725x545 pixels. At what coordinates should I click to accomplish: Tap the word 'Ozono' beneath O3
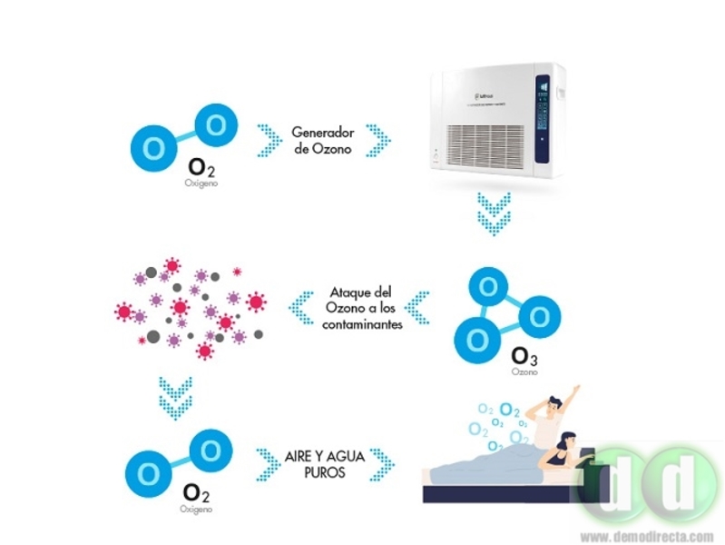[x=524, y=372]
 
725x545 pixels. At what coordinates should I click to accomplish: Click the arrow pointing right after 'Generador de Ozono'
[x=377, y=140]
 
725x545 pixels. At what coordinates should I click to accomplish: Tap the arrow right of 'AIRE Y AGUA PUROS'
[x=382, y=463]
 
